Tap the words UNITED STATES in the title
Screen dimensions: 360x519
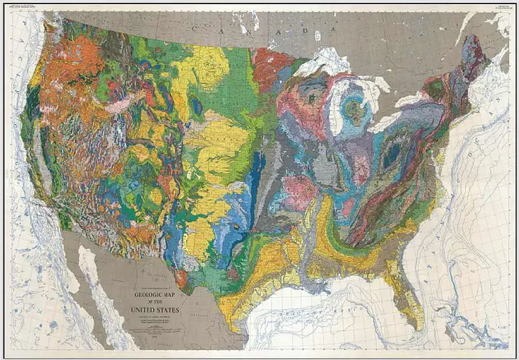click(157, 310)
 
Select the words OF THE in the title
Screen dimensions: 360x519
click(157, 301)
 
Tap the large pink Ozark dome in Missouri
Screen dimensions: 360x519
click(299, 193)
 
